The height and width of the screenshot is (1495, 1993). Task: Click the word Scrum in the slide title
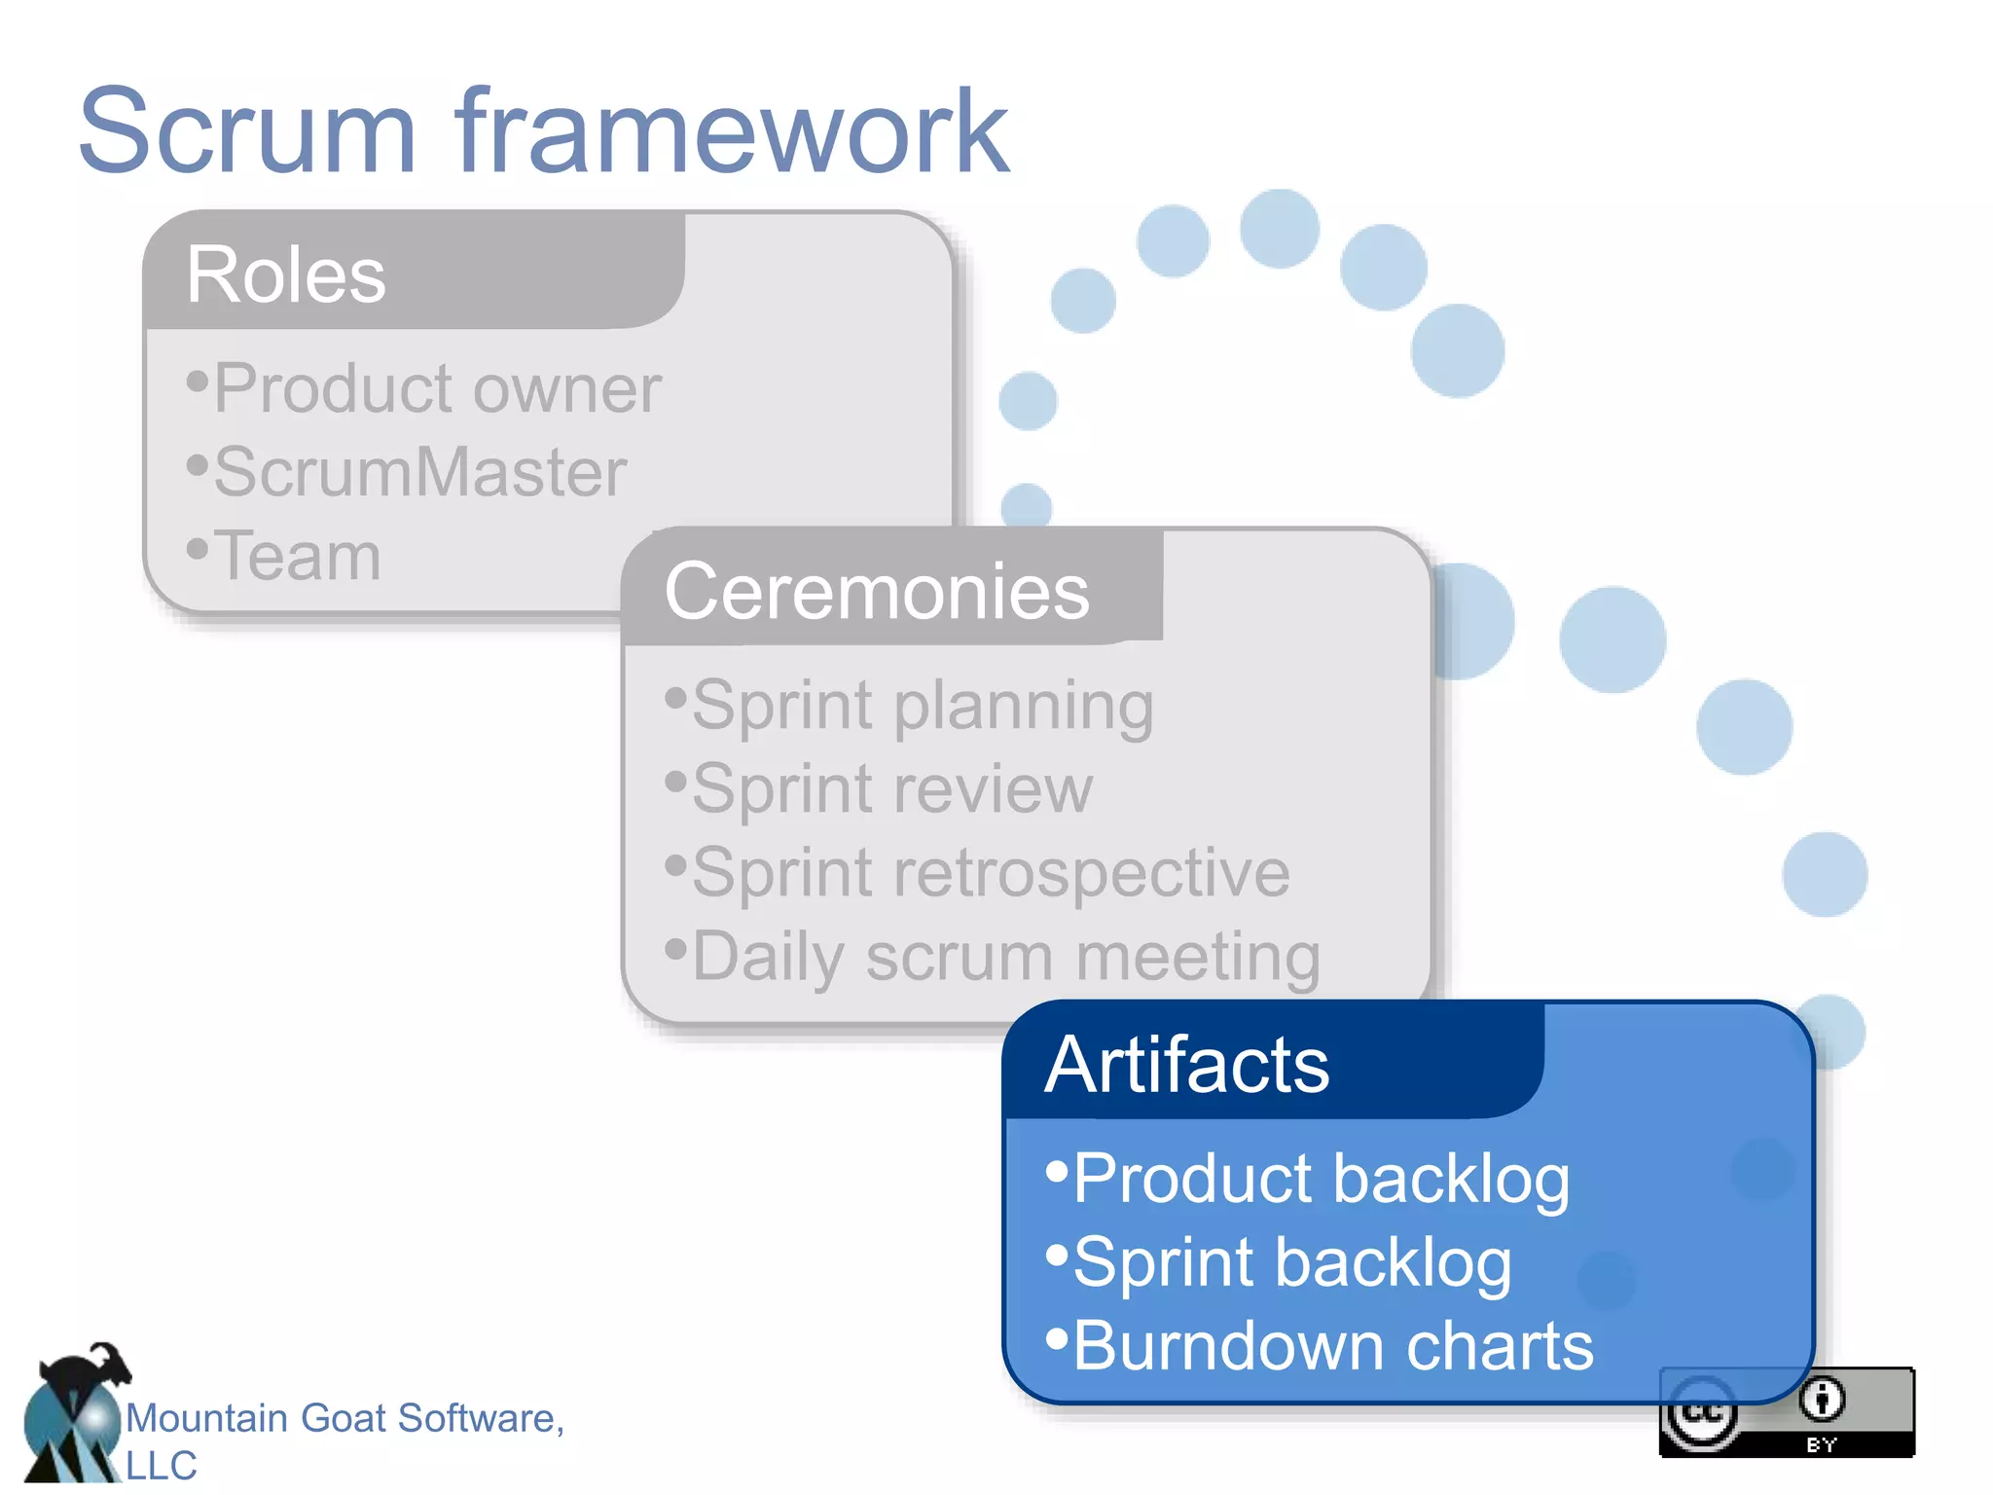click(x=247, y=131)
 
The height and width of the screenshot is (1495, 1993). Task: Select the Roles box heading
click(x=285, y=274)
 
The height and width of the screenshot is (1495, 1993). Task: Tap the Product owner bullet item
click(x=436, y=388)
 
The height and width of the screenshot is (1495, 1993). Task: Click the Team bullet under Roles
click(x=296, y=556)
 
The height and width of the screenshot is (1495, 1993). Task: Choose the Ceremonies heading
click(x=876, y=591)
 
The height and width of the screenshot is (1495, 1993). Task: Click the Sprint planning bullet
click(x=921, y=705)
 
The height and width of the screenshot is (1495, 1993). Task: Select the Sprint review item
click(x=891, y=788)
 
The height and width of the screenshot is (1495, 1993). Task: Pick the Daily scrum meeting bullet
click(x=1004, y=956)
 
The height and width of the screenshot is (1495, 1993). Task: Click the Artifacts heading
click(x=1186, y=1064)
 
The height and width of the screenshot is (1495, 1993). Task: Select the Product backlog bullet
click(x=1320, y=1178)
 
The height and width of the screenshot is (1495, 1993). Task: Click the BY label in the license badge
click(x=1821, y=1445)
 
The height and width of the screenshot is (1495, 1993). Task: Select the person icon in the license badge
click(x=1821, y=1400)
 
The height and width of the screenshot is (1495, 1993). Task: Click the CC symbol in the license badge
click(x=1701, y=1413)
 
